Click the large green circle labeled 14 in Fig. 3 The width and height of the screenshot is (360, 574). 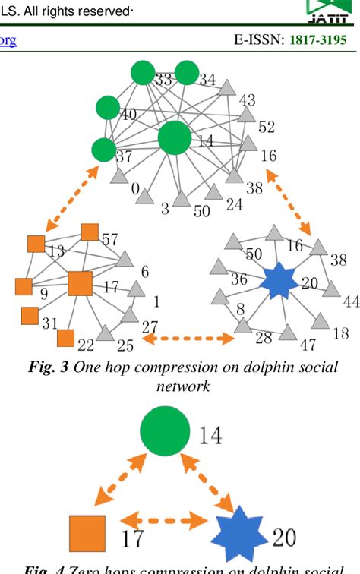point(175,138)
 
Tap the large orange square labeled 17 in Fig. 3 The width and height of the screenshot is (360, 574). point(81,283)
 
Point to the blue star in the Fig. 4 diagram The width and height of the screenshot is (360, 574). point(241,536)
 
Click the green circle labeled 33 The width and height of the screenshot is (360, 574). point(142,73)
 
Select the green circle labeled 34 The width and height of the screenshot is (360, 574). point(186,73)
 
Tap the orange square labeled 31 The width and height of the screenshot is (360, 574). point(29,314)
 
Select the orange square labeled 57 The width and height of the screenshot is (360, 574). point(90,232)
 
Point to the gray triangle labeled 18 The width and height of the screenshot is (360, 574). point(321,322)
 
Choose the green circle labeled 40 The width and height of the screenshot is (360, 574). point(109,107)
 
